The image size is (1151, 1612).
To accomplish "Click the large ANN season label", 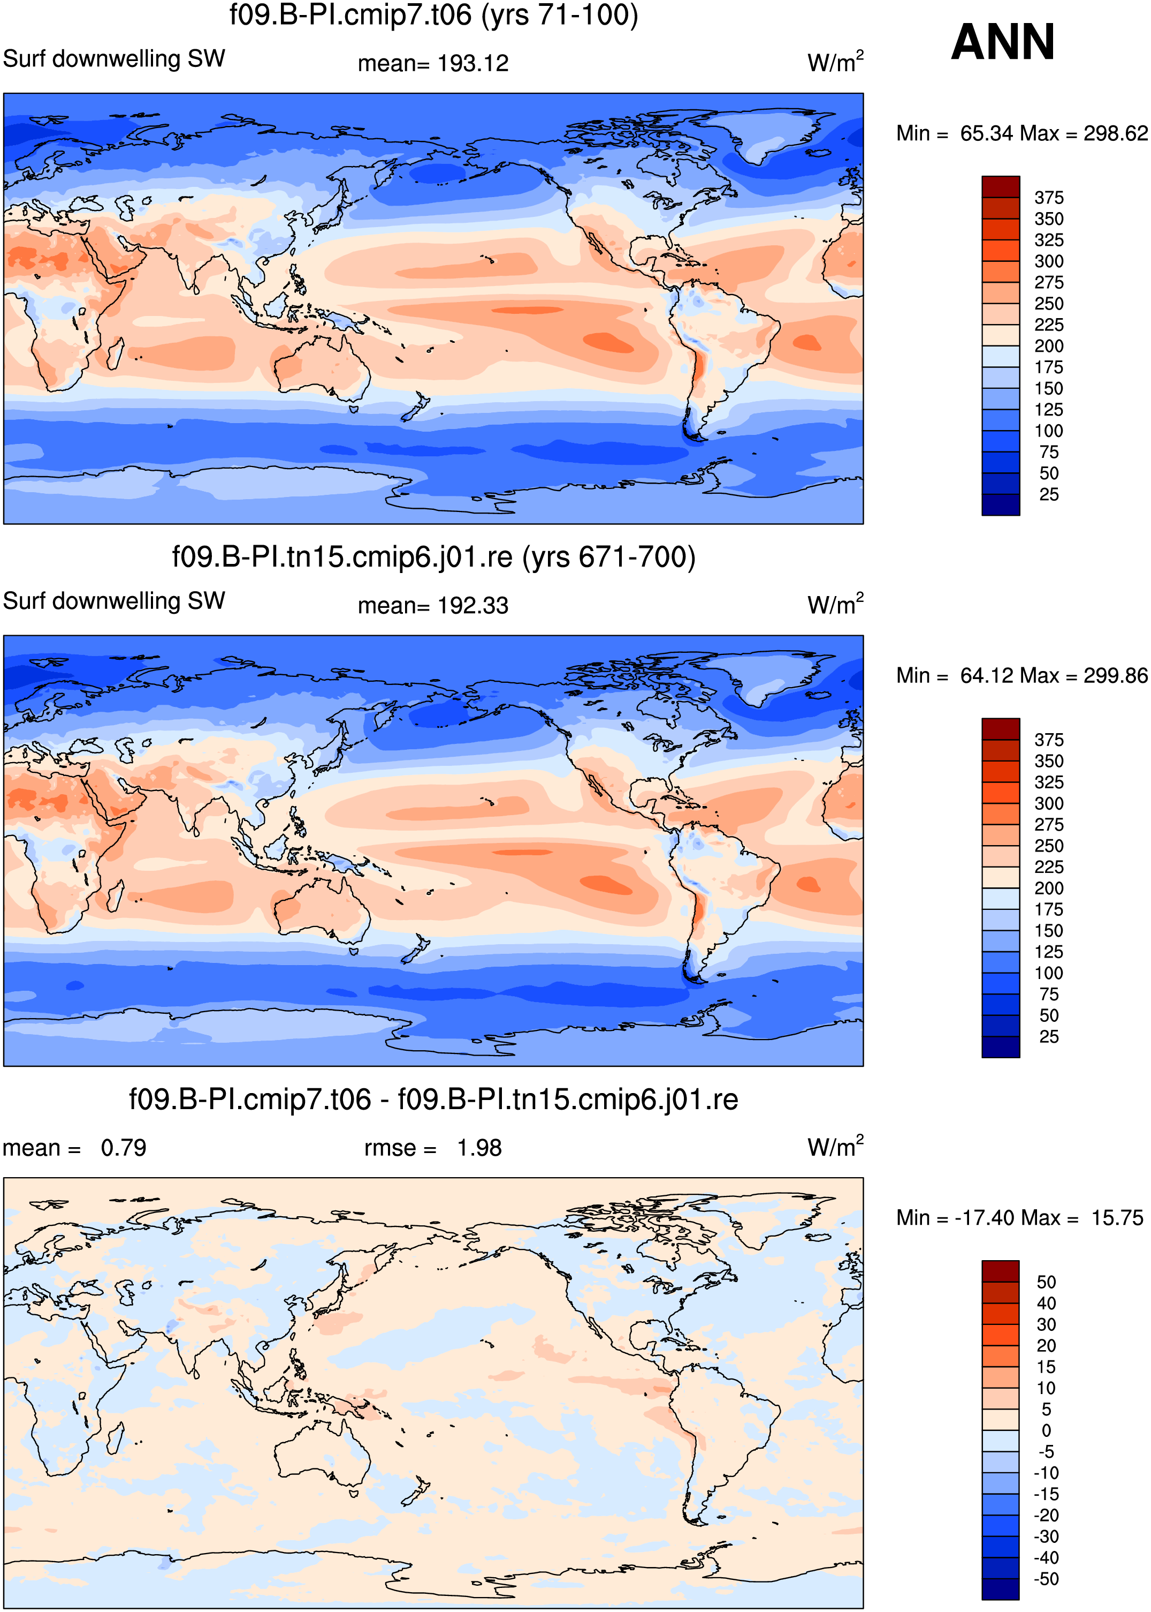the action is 1002,42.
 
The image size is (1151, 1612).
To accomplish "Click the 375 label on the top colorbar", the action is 1049,198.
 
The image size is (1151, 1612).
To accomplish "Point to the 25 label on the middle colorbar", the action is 1049,1037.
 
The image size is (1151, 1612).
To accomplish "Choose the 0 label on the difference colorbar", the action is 1046,1431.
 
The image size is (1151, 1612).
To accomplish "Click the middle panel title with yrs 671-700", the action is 434,558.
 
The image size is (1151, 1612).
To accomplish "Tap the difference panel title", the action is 434,1100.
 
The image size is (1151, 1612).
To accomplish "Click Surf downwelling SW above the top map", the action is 114,59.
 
